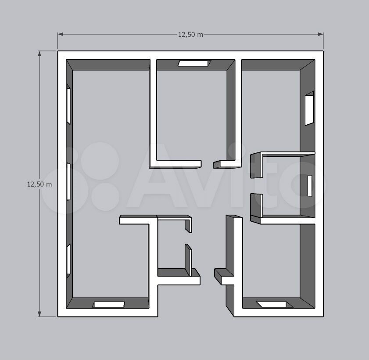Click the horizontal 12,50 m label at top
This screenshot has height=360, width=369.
point(190,35)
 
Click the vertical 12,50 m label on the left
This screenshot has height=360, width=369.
point(39,184)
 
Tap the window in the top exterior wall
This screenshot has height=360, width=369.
point(194,63)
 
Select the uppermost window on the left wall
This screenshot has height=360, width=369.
point(68,104)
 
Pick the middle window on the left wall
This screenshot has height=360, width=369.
point(68,181)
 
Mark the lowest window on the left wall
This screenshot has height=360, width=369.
point(68,261)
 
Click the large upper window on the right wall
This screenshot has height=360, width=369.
point(309,108)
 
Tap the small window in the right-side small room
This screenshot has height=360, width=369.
point(310,186)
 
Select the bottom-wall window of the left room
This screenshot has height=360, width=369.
point(109,304)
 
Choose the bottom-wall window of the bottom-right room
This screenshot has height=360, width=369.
point(275,304)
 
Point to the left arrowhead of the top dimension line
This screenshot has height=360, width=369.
point(61,34)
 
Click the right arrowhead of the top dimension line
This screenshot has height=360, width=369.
point(321,34)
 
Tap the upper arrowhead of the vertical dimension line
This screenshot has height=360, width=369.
point(39,54)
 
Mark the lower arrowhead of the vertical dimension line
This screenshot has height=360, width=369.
point(39,314)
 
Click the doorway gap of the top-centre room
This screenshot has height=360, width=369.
point(208,164)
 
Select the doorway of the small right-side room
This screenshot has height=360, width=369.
point(257,186)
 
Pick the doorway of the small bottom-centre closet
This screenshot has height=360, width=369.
point(189,238)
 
